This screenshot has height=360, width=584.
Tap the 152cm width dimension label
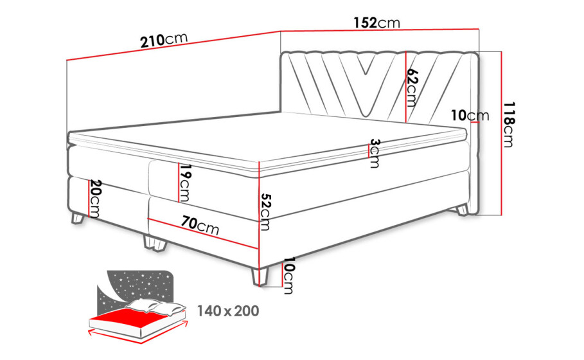pos(376,22)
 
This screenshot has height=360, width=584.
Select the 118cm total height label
pos(508,125)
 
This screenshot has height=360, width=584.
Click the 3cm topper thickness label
pos(375,153)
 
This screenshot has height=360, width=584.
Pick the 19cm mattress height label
pos(184,183)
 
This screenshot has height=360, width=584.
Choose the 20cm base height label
pos(94,199)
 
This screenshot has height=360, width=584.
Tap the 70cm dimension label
pos(200,226)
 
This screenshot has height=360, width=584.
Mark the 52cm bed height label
pos(265,212)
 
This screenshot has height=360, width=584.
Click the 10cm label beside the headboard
pos(470,116)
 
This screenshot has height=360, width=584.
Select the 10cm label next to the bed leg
pos(288,276)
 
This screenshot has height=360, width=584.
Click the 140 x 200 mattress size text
pos(228,310)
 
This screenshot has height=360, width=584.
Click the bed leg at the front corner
pos(260,277)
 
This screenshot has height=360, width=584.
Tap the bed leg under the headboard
pos(462,210)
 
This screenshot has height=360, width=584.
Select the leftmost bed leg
pos(77,218)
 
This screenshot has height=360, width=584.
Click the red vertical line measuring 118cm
pos(502,133)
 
